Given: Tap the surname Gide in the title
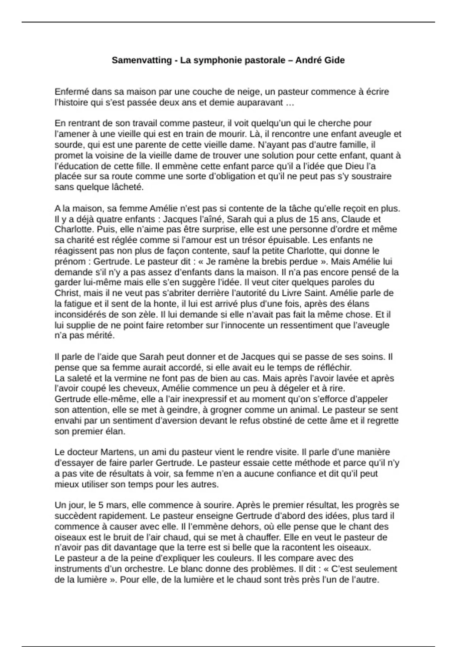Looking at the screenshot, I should click(x=334, y=60).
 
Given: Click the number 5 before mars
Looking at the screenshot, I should click(x=101, y=505).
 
